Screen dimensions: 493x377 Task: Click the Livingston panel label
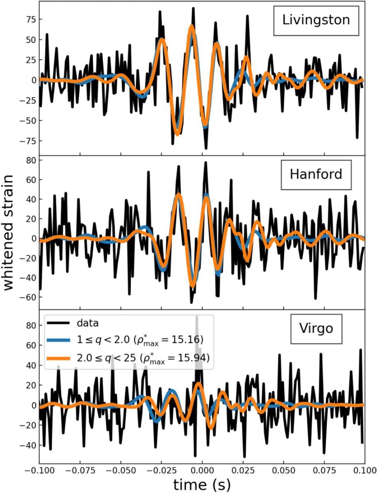(x=315, y=21)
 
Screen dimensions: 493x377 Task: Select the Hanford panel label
(x=315, y=174)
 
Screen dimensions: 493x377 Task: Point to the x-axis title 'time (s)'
(x=202, y=484)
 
